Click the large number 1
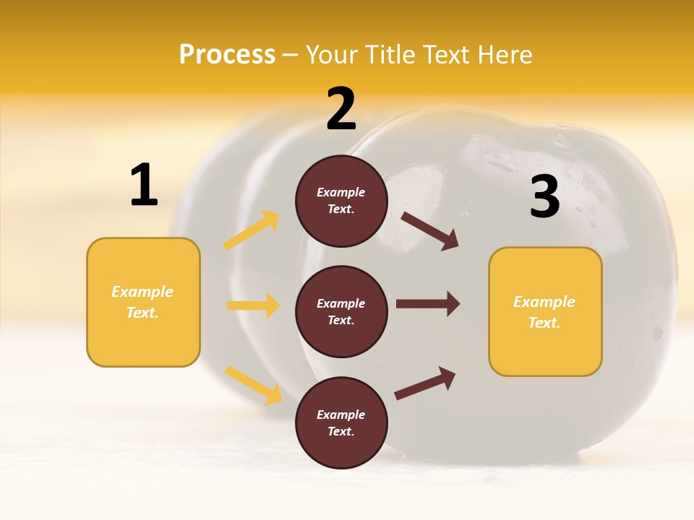[x=144, y=185]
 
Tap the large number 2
[x=341, y=109]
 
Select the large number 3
[x=545, y=196]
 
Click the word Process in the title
[x=227, y=54]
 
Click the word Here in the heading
[x=505, y=54]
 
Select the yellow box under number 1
[x=143, y=302]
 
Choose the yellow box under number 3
[x=545, y=311]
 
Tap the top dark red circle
[x=341, y=201]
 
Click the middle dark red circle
[x=341, y=311]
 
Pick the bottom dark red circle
[x=341, y=422]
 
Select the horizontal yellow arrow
[x=254, y=305]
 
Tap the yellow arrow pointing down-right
[x=254, y=385]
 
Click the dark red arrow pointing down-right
[x=430, y=230]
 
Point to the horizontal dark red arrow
[x=428, y=304]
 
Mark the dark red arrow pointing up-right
[x=426, y=383]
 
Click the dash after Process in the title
[x=291, y=55]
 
